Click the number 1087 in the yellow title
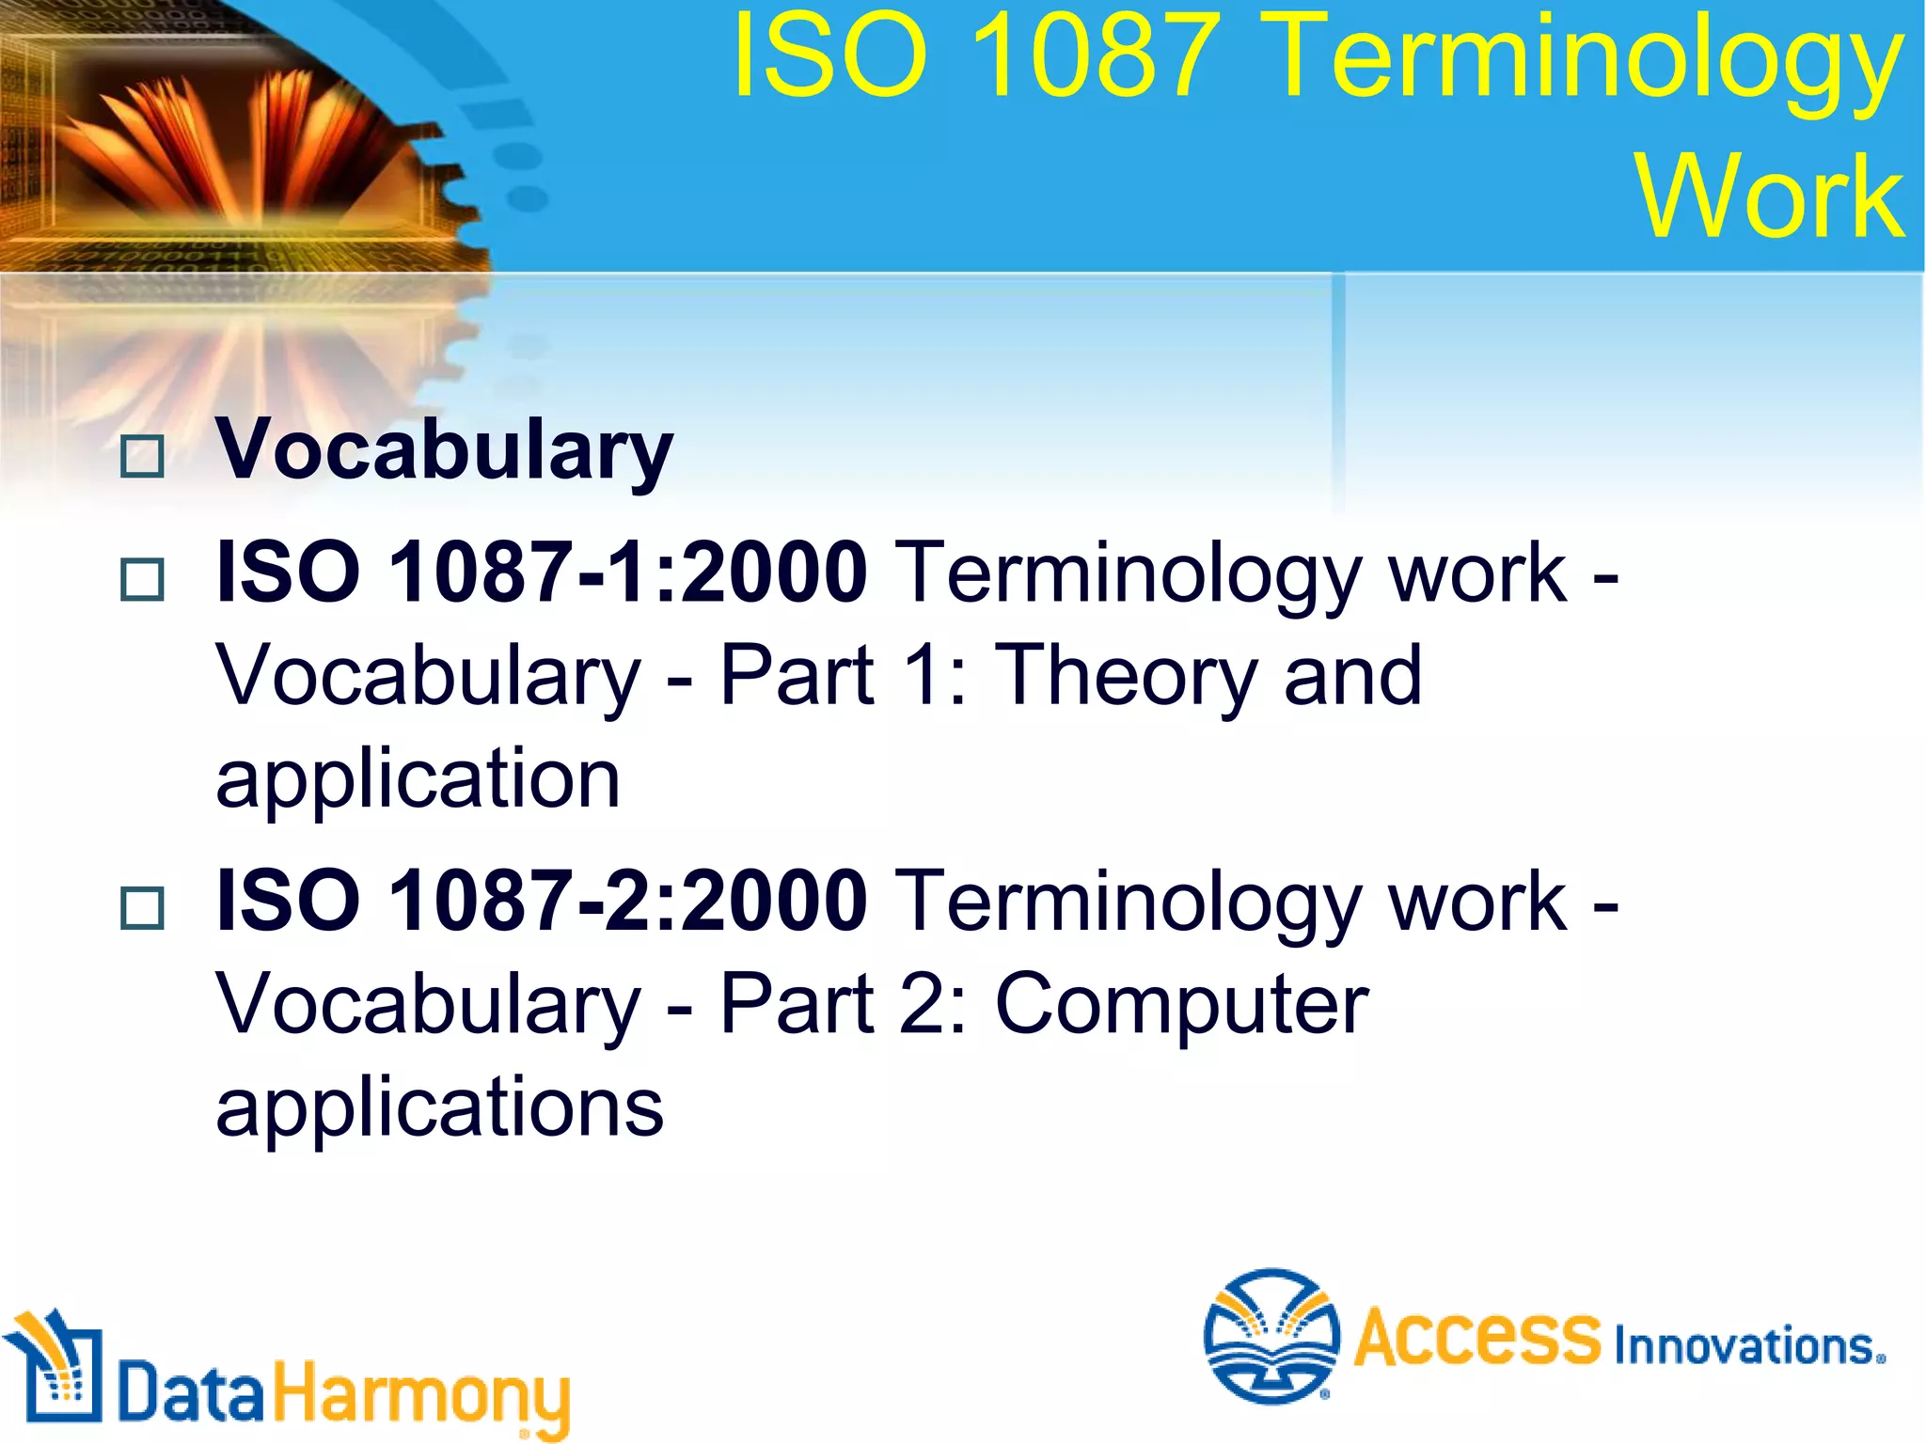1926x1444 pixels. click(x=1091, y=56)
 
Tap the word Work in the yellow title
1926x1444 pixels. click(x=1770, y=197)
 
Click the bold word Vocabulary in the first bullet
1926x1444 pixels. click(x=444, y=451)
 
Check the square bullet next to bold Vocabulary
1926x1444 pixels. click(x=143, y=457)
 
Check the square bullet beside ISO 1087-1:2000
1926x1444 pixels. click(x=143, y=579)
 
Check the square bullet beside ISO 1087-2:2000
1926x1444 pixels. click(x=143, y=908)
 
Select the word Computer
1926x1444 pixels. click(x=1181, y=1004)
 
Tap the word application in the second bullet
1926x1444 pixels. click(x=418, y=780)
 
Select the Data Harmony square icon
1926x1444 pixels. click(x=55, y=1368)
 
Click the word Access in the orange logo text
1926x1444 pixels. click(x=1476, y=1337)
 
